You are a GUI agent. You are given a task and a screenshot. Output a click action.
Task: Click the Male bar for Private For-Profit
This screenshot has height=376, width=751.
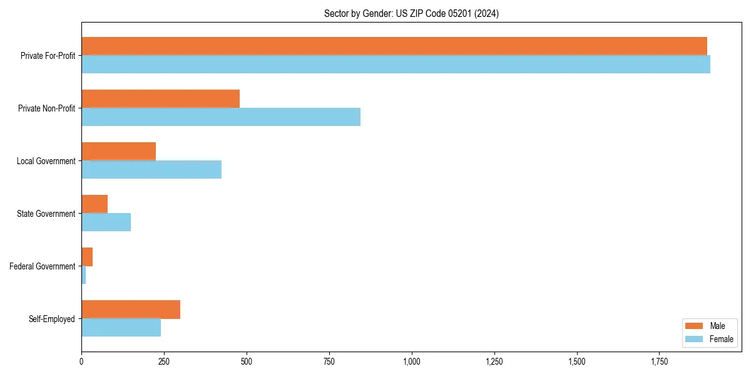(x=394, y=46)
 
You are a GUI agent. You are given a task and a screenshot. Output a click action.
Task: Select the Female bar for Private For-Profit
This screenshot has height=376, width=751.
(x=396, y=64)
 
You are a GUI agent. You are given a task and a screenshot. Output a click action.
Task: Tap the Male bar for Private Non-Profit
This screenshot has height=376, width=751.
(x=160, y=98)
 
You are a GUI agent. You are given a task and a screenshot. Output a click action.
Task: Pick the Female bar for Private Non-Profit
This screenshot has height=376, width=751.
(x=221, y=117)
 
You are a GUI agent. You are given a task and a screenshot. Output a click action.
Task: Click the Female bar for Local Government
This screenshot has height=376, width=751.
(x=151, y=169)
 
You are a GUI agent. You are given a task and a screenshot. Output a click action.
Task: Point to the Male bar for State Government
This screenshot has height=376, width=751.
(x=95, y=204)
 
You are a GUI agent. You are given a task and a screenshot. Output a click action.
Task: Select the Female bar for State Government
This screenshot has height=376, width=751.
(x=106, y=222)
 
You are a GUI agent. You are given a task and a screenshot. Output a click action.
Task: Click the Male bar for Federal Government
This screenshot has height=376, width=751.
(x=87, y=256)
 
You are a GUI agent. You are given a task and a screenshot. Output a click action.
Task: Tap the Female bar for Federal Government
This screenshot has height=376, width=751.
(x=84, y=274)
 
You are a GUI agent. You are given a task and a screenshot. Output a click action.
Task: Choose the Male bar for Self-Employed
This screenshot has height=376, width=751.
(x=131, y=309)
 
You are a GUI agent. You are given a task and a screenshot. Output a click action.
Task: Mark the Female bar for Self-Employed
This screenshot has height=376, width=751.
(x=121, y=327)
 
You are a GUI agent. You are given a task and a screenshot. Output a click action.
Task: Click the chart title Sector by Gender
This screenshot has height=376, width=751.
(x=411, y=13)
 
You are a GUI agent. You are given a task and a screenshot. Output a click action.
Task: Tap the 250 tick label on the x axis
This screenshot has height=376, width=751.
(x=164, y=362)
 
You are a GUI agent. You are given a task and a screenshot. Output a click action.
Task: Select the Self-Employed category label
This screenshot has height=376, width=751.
(x=52, y=319)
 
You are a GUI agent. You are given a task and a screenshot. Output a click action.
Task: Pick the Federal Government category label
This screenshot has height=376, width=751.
(x=43, y=266)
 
